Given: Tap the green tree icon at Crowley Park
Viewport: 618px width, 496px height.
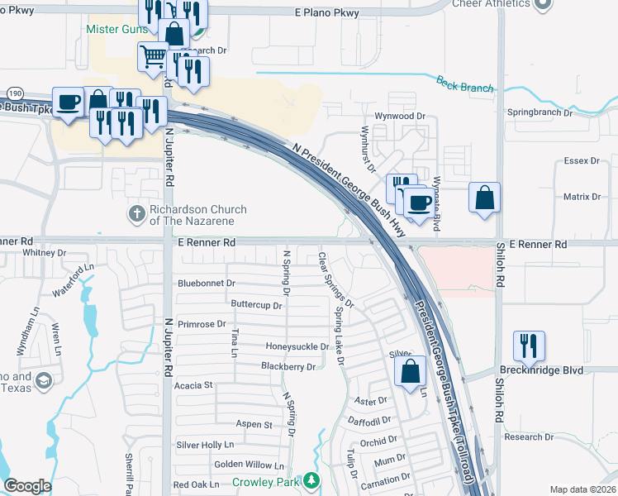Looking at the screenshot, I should point(311,480).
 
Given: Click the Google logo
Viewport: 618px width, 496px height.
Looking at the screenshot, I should point(27,486).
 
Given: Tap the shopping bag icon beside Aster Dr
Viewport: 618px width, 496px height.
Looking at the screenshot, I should point(411,371).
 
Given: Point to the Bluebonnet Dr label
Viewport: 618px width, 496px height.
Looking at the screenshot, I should point(207,284).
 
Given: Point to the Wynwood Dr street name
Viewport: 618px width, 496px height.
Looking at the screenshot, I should point(399,117).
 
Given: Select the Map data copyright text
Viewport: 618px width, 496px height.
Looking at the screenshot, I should point(582,489).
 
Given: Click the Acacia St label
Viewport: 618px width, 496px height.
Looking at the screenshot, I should point(193,385).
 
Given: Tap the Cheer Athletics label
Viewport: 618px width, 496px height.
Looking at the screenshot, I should point(491,4).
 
